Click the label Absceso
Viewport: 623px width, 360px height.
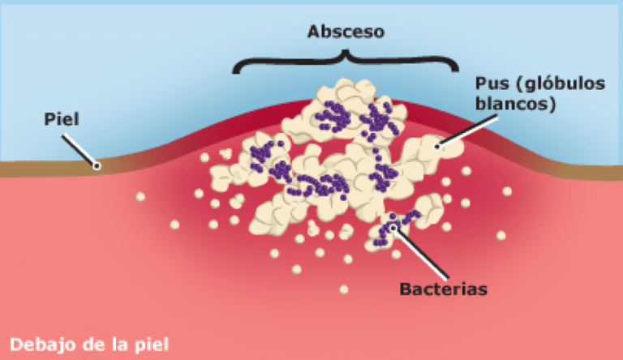point(346,32)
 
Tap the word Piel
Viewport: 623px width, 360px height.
point(62,119)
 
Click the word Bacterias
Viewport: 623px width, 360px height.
point(443,289)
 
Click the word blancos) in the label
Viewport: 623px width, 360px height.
point(515,104)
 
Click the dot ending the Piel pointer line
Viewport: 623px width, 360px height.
point(97,165)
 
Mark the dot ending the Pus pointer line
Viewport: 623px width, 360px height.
point(437,147)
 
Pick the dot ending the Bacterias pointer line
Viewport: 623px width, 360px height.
point(393,228)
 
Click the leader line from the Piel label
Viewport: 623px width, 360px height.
point(79,150)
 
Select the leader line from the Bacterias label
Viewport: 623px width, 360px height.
point(420,253)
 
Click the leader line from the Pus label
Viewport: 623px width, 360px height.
point(467,131)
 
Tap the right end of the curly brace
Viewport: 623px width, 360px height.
point(455,70)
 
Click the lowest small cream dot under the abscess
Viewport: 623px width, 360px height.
point(344,289)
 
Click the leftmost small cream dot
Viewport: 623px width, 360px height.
point(140,196)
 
